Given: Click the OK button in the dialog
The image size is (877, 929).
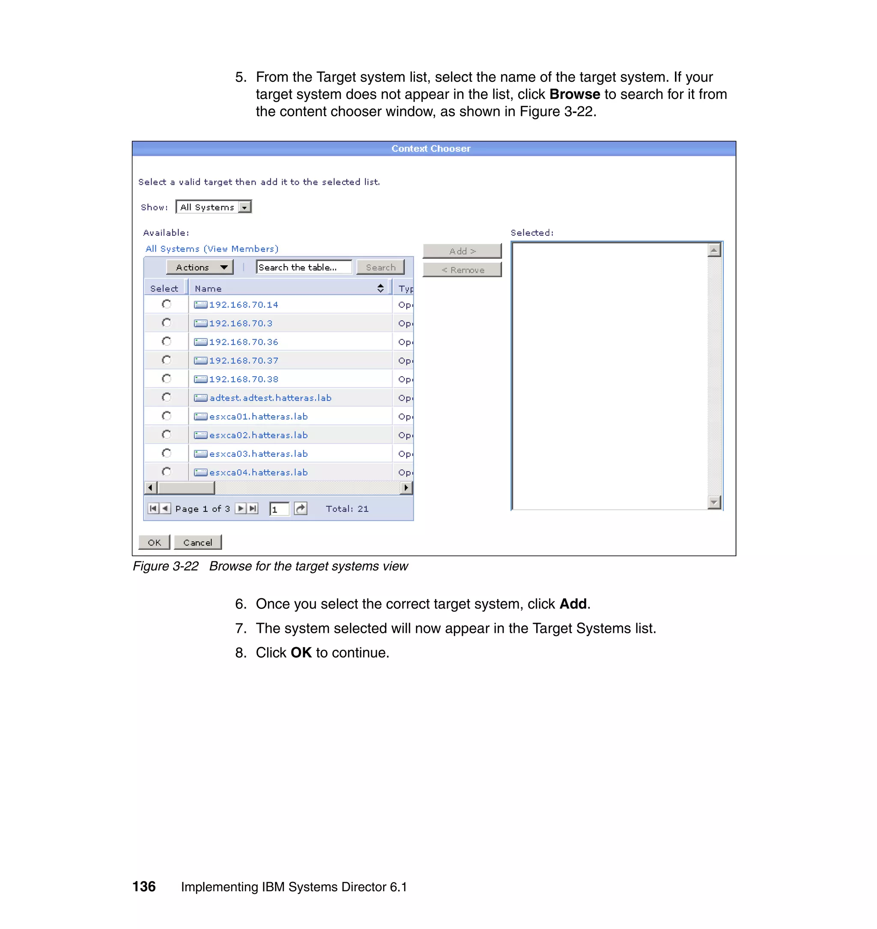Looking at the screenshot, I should [154, 542].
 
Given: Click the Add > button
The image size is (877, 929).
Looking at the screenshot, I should [462, 251].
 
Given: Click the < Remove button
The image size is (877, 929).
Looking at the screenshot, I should [462, 270].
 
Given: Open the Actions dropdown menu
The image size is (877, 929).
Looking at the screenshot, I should [200, 267].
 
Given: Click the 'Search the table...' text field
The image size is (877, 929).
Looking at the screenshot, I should [304, 267].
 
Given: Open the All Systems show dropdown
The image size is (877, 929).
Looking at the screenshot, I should [213, 207].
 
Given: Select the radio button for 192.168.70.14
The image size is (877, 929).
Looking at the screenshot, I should [167, 304].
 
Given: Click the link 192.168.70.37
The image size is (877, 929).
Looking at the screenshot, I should [244, 361].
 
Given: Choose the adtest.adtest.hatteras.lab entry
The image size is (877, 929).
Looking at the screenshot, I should [270, 398].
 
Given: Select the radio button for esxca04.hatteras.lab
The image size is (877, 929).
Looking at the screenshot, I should [167, 471].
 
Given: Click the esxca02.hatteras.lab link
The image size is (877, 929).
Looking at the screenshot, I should [258, 435].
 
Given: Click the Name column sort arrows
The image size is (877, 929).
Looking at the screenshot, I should [380, 288].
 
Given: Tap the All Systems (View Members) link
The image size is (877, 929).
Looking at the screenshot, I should [212, 249].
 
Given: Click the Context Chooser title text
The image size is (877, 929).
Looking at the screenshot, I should [430, 148].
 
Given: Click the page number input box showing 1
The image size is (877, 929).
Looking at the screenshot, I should [279, 509].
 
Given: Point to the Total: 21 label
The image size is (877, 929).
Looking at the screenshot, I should [347, 509].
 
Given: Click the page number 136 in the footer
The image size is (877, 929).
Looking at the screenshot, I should [144, 887].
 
